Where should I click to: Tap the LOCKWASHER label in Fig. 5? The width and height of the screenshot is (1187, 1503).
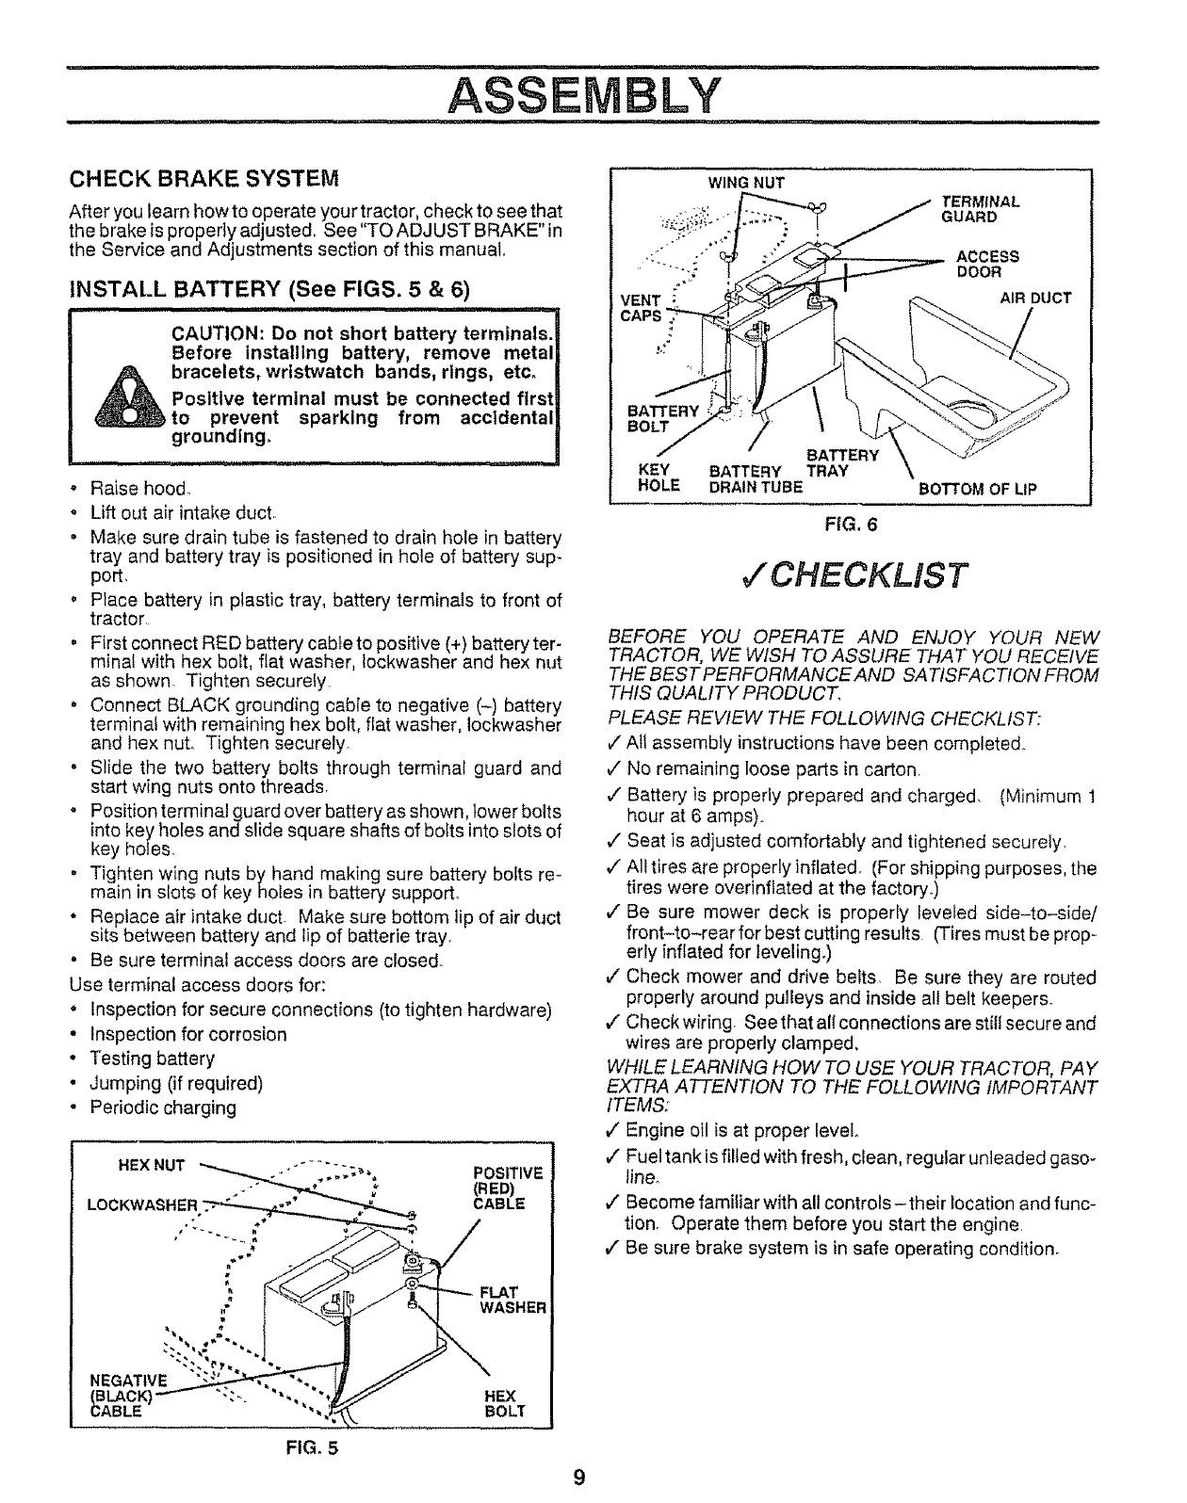tap(142, 1205)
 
